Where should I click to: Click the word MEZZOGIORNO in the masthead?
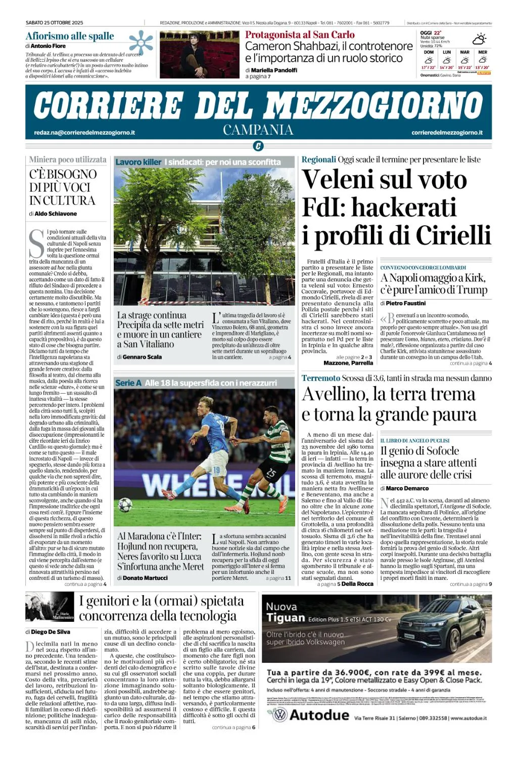tap(374, 106)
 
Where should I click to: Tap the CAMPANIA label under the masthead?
tap(258, 130)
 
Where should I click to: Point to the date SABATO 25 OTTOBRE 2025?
tap(55, 23)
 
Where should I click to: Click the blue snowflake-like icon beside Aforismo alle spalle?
tap(140, 43)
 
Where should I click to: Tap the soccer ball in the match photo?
tap(125, 505)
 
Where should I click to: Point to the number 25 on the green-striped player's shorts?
tap(271, 474)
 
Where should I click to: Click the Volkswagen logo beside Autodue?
tap(279, 714)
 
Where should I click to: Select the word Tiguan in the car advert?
tap(286, 618)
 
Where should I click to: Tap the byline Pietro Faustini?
tap(405, 303)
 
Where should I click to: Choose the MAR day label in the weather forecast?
tap(464, 52)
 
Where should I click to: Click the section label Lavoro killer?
tap(138, 162)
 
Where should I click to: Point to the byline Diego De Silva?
tap(51, 632)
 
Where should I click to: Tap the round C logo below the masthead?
tap(258, 147)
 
